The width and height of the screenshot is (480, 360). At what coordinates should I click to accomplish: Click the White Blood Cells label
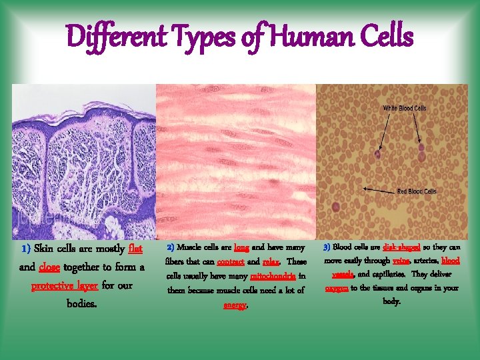point(405,108)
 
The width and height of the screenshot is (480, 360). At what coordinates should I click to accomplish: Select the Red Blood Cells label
point(417,191)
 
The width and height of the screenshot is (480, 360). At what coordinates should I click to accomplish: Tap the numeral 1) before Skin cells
point(26,249)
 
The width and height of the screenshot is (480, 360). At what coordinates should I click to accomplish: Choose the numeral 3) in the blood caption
point(327,247)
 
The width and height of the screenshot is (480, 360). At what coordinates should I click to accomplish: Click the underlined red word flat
point(135,249)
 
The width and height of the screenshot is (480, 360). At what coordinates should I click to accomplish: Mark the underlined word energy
point(234,305)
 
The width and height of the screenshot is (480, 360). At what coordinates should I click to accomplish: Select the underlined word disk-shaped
point(401,247)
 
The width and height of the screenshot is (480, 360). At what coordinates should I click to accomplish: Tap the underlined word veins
point(401,261)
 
